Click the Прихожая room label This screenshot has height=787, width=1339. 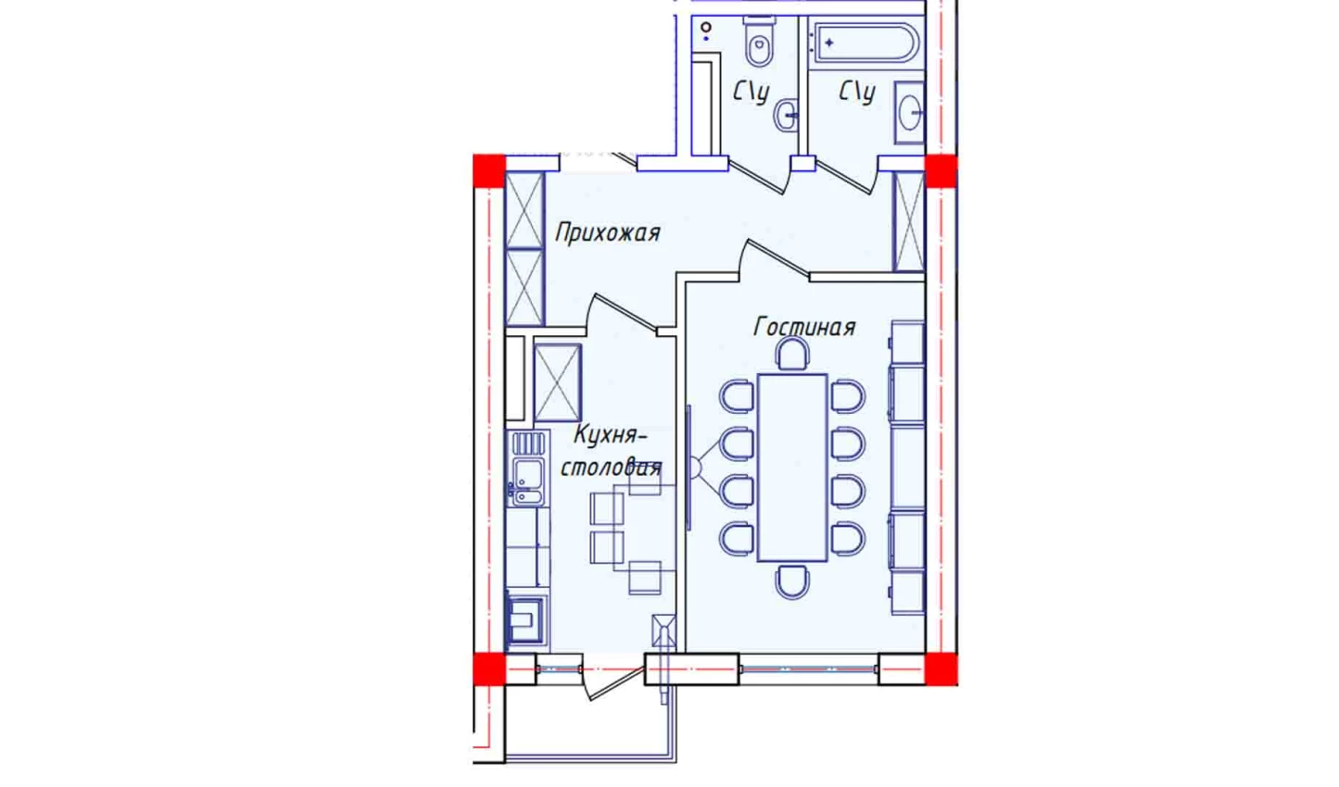(607, 233)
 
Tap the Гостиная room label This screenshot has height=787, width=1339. (804, 327)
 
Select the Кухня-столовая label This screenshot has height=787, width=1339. (611, 452)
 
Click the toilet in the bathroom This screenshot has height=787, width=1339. (759, 41)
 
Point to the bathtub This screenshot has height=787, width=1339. (864, 42)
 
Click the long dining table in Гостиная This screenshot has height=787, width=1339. (792, 468)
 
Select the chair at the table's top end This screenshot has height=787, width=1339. (792, 354)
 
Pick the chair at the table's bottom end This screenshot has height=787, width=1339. (792, 581)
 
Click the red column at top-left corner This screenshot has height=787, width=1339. (489, 170)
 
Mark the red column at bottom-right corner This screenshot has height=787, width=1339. (941, 668)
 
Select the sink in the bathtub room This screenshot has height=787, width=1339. (909, 112)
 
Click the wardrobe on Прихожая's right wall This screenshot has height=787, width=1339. (909, 221)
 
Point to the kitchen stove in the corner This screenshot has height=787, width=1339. (526, 619)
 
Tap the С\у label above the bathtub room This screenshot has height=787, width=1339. (857, 93)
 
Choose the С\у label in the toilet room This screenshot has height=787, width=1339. (752, 93)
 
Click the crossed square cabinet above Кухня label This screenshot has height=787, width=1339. (557, 382)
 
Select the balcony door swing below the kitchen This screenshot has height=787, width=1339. (615, 683)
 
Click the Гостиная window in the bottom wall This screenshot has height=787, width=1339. (809, 668)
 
